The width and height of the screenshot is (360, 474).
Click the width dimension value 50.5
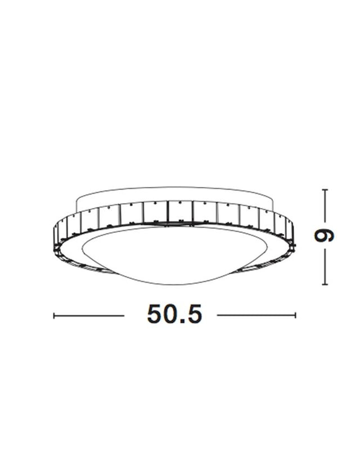tap(174, 314)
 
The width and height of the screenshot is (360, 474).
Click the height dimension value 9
tap(325, 236)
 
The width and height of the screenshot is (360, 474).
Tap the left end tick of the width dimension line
tap(54, 315)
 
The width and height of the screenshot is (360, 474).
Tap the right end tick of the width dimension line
tap(295, 315)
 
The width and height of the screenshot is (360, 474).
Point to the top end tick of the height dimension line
tap(325, 190)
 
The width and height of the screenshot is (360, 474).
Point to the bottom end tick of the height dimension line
tap(325, 284)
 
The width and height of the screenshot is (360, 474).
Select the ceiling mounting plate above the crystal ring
tap(174, 196)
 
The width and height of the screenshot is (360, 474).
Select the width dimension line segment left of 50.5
tap(89, 315)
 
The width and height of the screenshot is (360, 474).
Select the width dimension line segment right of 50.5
tap(256, 315)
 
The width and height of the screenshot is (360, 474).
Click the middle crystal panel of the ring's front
tap(180, 212)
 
